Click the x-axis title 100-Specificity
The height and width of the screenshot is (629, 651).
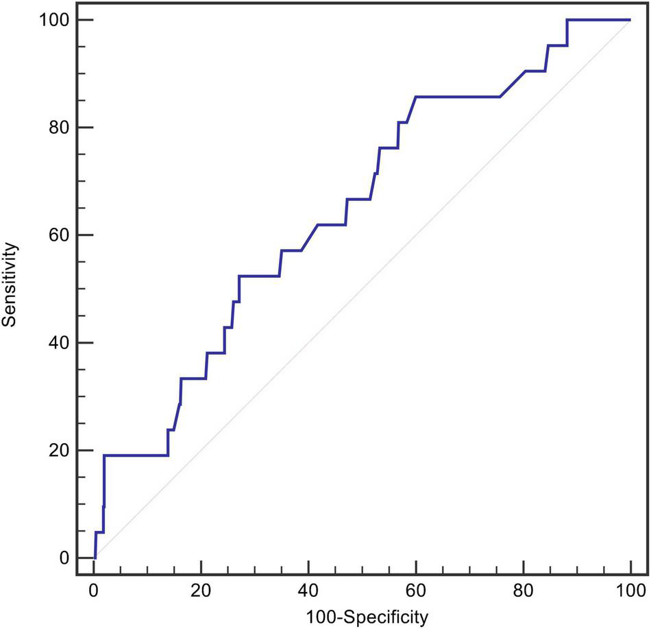362,616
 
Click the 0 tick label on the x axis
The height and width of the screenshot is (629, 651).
94,589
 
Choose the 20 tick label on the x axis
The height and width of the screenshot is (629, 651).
201,589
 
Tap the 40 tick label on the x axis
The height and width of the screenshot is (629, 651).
308,589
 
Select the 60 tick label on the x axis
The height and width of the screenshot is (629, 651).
416,589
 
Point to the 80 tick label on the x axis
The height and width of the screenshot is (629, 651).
524,589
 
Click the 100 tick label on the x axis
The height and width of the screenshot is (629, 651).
630,589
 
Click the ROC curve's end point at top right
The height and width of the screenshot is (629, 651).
630,20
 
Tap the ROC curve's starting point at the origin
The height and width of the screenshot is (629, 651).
95,557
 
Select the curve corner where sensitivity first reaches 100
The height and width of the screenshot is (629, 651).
567,20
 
